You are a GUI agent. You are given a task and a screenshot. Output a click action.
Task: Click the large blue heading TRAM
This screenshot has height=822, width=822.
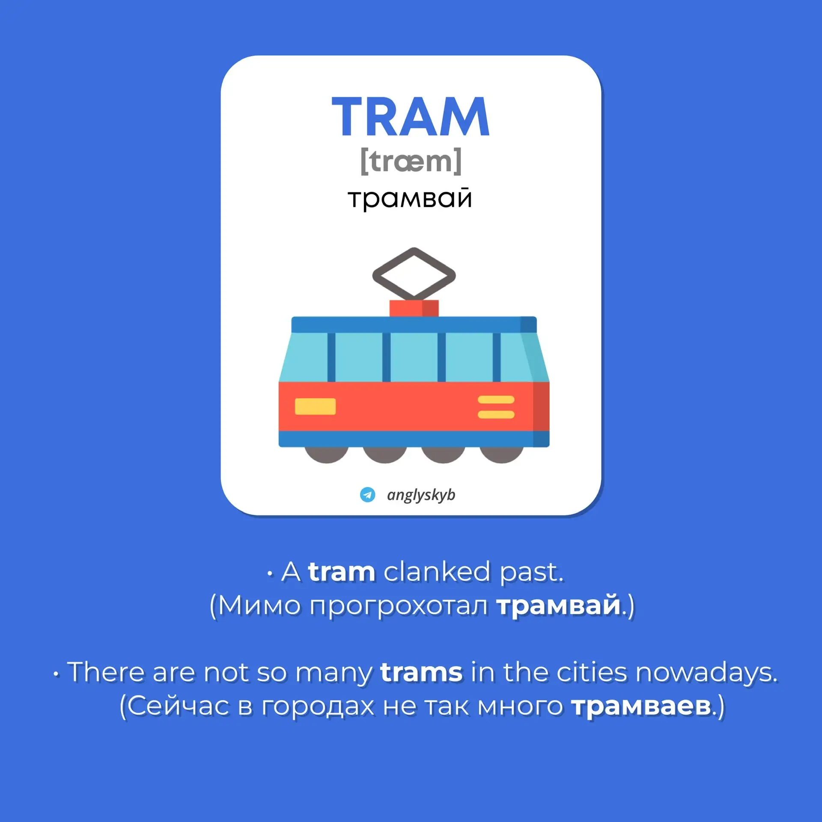pyautogui.click(x=411, y=116)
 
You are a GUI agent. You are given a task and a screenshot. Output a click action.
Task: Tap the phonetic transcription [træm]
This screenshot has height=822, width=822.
pyautogui.click(x=411, y=161)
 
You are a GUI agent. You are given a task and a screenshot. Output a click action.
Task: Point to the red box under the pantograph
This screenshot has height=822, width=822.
pyautogui.click(x=414, y=308)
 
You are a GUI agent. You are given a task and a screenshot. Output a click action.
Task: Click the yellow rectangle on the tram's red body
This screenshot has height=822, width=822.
pyautogui.click(x=315, y=406)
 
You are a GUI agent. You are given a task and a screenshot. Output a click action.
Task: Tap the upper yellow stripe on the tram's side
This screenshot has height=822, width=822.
pyautogui.click(x=496, y=400)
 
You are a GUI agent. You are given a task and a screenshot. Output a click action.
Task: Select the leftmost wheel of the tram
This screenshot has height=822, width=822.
pyautogui.click(x=326, y=455)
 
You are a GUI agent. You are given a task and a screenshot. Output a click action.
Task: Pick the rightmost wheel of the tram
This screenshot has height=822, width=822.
pyautogui.click(x=501, y=455)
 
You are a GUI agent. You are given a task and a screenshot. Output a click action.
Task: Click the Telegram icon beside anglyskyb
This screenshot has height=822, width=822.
pyautogui.click(x=367, y=494)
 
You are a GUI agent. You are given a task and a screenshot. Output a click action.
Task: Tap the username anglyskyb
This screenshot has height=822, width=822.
pyautogui.click(x=421, y=495)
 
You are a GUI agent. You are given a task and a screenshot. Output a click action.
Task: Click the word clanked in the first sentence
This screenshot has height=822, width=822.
pyautogui.click(x=437, y=572)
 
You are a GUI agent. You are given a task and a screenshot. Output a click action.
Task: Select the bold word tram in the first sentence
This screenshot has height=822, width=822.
pyautogui.click(x=342, y=572)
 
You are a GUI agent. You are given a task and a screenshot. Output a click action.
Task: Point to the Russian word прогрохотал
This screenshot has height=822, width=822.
pyautogui.click(x=399, y=607)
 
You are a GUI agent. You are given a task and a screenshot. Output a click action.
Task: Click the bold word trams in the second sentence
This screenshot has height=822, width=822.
pyautogui.click(x=421, y=673)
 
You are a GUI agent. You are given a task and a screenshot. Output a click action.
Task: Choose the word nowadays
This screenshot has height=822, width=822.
pyautogui.click(x=706, y=673)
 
